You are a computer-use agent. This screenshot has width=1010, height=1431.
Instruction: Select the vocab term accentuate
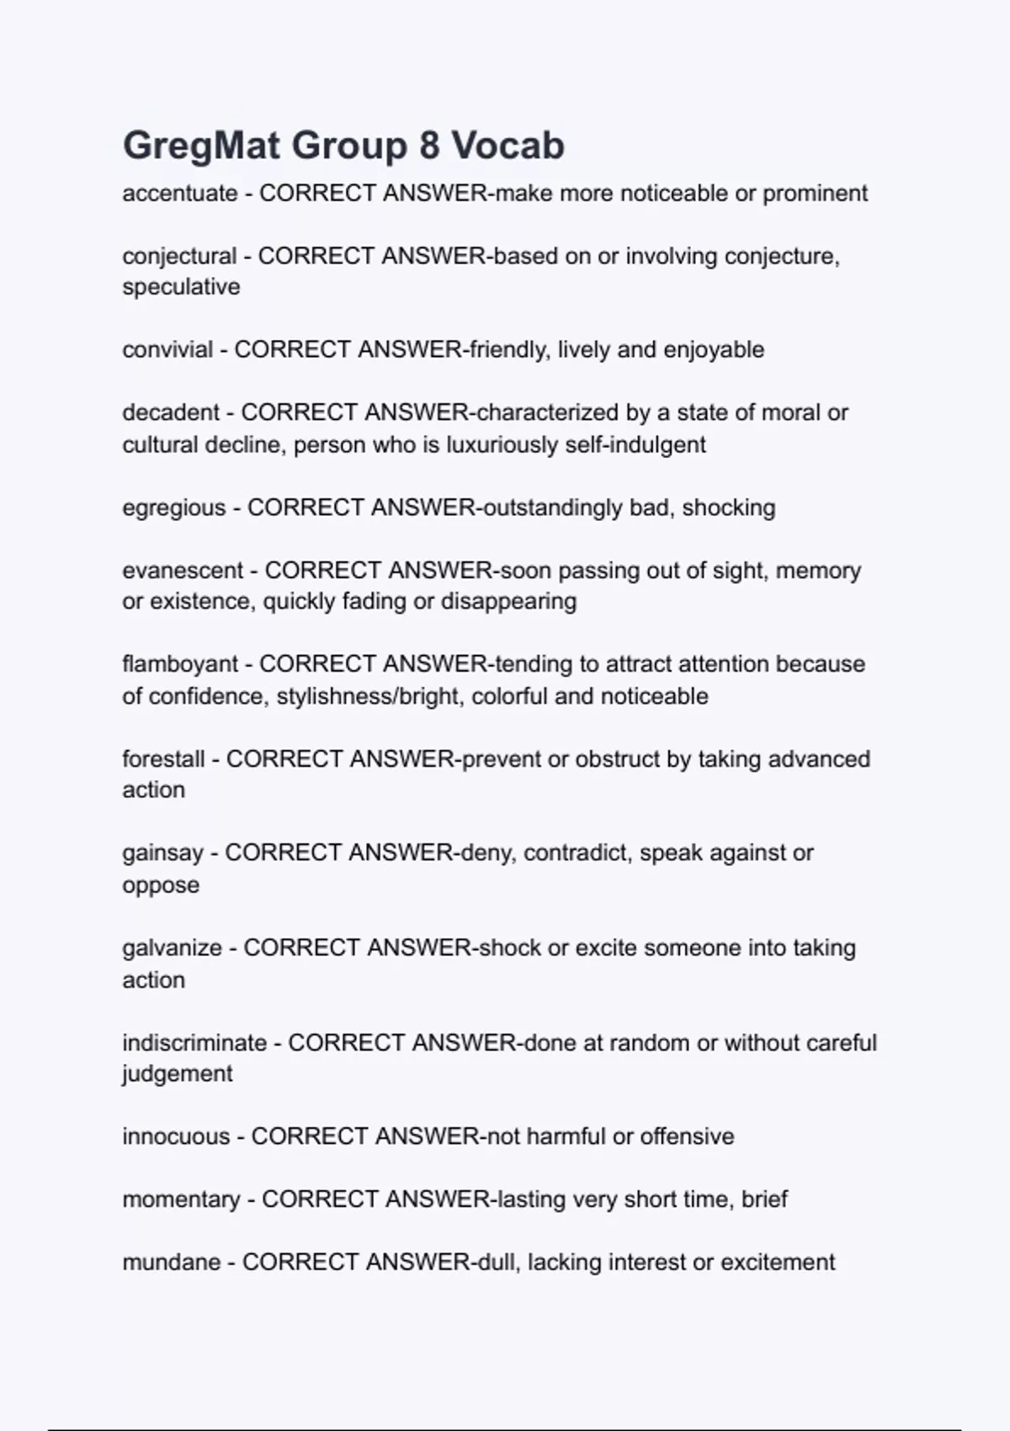pyautogui.click(x=180, y=194)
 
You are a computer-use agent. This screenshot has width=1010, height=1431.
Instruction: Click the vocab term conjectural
pyautogui.click(x=179, y=256)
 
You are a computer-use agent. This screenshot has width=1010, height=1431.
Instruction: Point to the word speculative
pyautogui.click(x=181, y=287)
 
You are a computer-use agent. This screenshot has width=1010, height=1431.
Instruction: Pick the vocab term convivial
pyautogui.click(x=167, y=349)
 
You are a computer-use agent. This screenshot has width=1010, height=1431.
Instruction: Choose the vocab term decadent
pyautogui.click(x=171, y=412)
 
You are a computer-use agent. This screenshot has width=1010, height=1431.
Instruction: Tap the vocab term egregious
pyautogui.click(x=174, y=508)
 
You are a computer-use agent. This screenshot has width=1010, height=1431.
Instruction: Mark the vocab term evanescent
pyautogui.click(x=183, y=571)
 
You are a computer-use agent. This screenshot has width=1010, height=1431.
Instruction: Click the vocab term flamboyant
pyautogui.click(x=180, y=664)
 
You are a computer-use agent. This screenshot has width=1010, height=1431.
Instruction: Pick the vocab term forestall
pyautogui.click(x=163, y=759)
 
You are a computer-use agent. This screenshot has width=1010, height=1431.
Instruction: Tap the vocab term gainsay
pyautogui.click(x=162, y=853)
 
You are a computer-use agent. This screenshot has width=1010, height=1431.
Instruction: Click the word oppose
pyautogui.click(x=161, y=885)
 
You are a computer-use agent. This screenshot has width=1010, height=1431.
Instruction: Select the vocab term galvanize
pyautogui.click(x=172, y=948)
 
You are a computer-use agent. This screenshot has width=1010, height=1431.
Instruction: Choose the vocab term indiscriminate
pyautogui.click(x=194, y=1043)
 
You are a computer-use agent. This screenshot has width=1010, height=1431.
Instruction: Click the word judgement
pyautogui.click(x=178, y=1074)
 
